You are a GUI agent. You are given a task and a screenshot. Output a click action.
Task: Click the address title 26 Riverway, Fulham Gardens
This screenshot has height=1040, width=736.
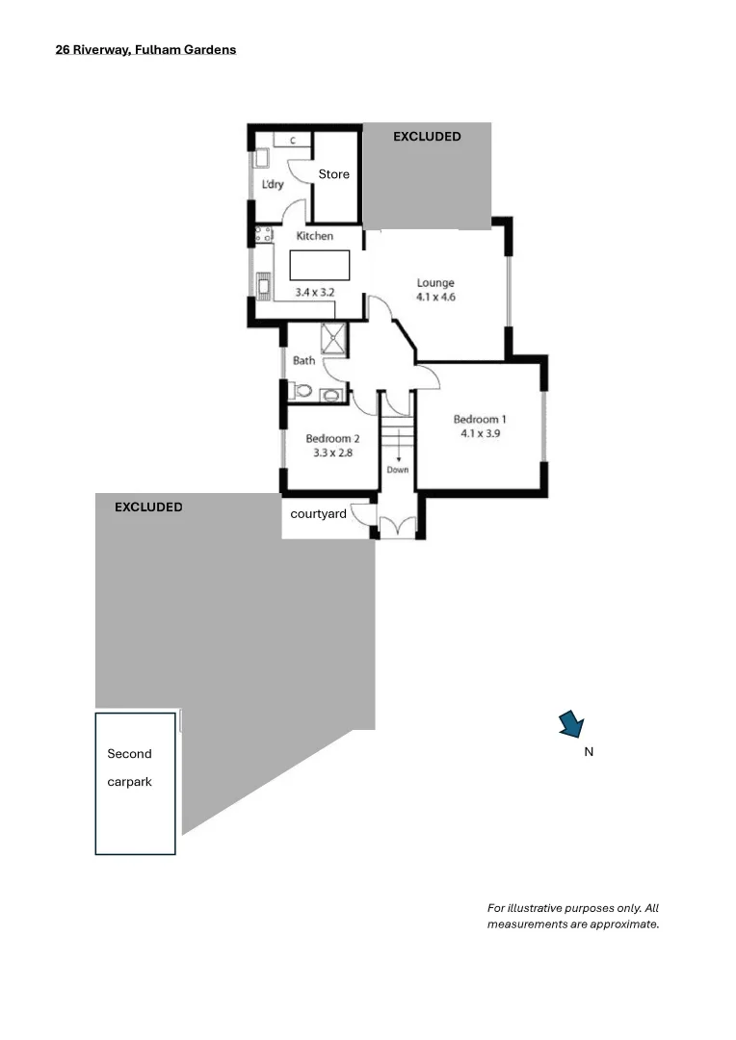coord(145,49)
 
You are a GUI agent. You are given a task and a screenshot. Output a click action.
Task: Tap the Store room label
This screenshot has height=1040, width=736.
coord(334,174)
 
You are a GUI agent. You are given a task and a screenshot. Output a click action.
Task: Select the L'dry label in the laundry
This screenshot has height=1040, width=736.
coord(273,184)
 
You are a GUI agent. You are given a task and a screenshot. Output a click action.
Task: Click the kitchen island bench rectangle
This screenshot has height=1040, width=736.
coord(319,265)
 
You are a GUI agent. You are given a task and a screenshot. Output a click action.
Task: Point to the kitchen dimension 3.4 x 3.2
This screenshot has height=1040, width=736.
coord(314,291)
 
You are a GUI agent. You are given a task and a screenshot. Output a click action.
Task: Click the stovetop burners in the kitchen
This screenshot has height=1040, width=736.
coord(262,234)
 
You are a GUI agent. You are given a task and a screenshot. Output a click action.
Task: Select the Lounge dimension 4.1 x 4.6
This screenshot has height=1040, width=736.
coord(435,298)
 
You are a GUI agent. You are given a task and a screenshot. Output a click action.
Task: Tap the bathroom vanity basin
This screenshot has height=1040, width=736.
coord(331,394)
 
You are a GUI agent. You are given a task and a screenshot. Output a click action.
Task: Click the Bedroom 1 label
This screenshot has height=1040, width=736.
coord(480,419)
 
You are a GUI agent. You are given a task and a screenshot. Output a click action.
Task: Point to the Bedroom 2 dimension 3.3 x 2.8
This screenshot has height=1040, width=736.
coord(332,452)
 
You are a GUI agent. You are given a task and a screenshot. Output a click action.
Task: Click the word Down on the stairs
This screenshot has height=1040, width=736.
coord(398,470)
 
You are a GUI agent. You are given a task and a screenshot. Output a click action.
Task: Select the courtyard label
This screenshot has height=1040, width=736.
coord(319,514)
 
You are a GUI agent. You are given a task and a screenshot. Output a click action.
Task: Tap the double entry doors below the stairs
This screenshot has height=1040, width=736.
coord(397,526)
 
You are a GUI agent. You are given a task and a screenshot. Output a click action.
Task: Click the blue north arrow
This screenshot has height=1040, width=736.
coord(571,724)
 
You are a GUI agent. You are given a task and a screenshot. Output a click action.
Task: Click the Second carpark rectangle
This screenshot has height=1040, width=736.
coord(136,784)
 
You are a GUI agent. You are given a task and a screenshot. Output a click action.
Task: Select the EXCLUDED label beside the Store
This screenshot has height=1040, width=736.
coord(427,137)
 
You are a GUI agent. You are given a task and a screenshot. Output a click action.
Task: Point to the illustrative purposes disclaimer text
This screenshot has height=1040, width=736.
coord(573,916)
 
